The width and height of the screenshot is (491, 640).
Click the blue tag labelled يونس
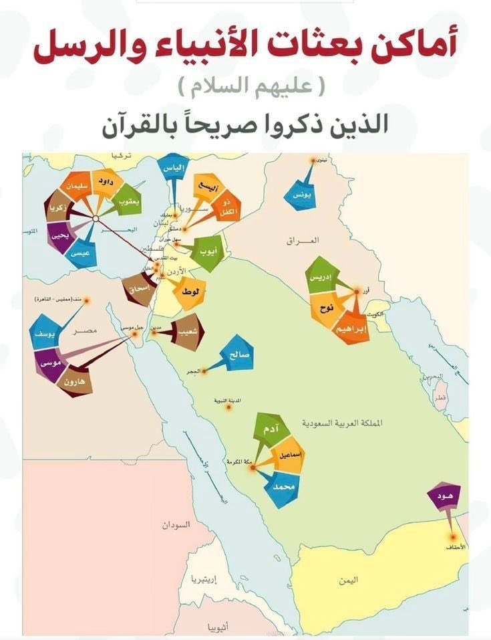pyautogui.click(x=295, y=195)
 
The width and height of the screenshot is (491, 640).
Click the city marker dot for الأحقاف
pyautogui.click(x=455, y=536)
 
